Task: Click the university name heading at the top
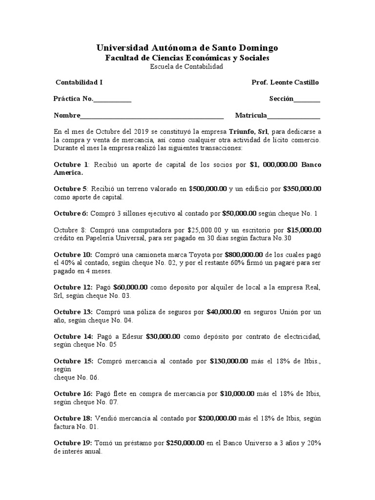(187, 48)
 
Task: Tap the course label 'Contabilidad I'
(79, 82)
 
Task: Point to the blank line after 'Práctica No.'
(112, 99)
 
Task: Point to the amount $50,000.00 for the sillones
(239, 213)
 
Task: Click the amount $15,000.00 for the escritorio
(304, 229)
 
